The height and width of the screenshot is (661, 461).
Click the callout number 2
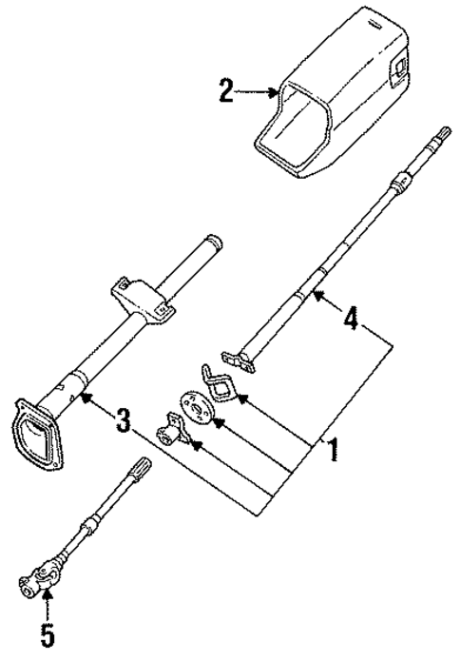click(x=224, y=92)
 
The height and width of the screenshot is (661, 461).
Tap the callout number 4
click(x=351, y=320)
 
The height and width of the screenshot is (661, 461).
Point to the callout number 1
click(x=332, y=449)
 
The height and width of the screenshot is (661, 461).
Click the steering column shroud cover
click(x=333, y=95)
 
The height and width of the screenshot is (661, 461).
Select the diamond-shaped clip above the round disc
click(x=218, y=380)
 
